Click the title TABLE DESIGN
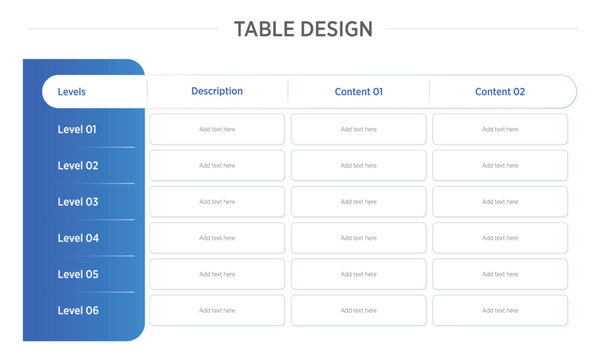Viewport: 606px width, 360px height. coord(303,29)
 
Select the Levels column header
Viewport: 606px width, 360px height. coord(72,92)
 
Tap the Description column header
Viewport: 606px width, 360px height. coord(217,91)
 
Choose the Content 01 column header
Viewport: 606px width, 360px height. coord(359,92)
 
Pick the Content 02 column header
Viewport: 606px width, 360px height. coord(500,92)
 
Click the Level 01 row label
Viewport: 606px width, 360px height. coord(77,129)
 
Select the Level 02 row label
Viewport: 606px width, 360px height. coord(78,166)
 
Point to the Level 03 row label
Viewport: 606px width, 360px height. coord(78,202)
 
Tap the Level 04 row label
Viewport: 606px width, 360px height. coord(78,238)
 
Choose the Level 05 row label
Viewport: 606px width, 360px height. coord(78,274)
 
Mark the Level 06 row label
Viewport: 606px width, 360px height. coord(78,310)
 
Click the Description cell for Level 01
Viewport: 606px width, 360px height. coord(217,129)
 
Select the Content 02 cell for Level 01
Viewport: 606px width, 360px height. coord(500,129)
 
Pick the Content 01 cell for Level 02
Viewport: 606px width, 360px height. coord(359,166)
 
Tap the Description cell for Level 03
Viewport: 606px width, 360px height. coord(217,202)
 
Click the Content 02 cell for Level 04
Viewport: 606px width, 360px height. coord(500,238)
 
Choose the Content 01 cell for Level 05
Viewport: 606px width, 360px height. coord(359,274)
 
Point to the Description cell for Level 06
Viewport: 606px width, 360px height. coord(217,310)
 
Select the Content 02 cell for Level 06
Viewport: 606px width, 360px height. coord(500,310)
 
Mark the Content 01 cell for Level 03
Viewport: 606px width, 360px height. coord(359,202)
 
